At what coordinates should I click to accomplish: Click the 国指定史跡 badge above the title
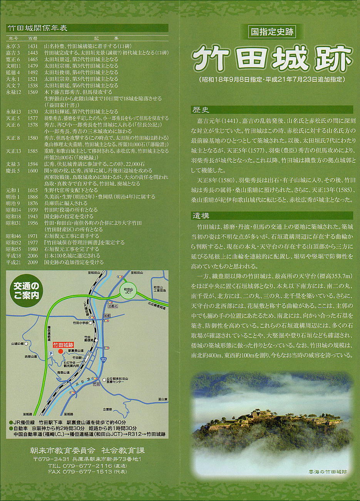coord(272,32)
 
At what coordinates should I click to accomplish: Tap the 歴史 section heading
coord(201,110)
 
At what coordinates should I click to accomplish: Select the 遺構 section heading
coord(201,216)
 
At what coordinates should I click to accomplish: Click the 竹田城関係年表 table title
coord(37,28)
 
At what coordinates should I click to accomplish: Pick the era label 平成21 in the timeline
coord(13,262)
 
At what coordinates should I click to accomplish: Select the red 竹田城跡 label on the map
coord(63,345)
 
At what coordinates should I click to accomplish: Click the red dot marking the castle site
coord(60,351)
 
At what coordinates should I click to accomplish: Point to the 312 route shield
coord(114,359)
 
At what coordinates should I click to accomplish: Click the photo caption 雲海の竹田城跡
coord(328,472)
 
